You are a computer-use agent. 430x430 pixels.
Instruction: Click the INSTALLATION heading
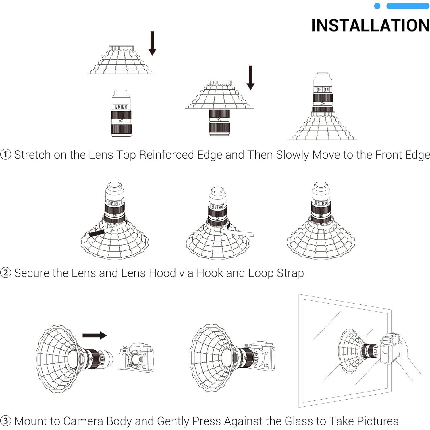(x=370, y=25)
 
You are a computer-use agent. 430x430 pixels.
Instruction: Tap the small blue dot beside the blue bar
(x=377, y=6)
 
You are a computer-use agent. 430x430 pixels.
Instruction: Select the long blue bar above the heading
(x=408, y=6)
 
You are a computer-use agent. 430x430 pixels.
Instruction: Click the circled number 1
(x=6, y=155)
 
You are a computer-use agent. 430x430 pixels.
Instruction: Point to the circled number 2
(x=6, y=273)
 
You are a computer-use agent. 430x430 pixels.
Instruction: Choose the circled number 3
(x=6, y=421)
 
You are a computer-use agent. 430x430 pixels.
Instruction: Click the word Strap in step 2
(x=290, y=273)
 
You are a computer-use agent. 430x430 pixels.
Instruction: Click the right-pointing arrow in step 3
(x=95, y=335)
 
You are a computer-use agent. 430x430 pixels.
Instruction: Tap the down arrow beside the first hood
(x=152, y=43)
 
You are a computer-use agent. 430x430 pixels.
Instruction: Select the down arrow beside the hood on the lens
(x=250, y=78)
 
